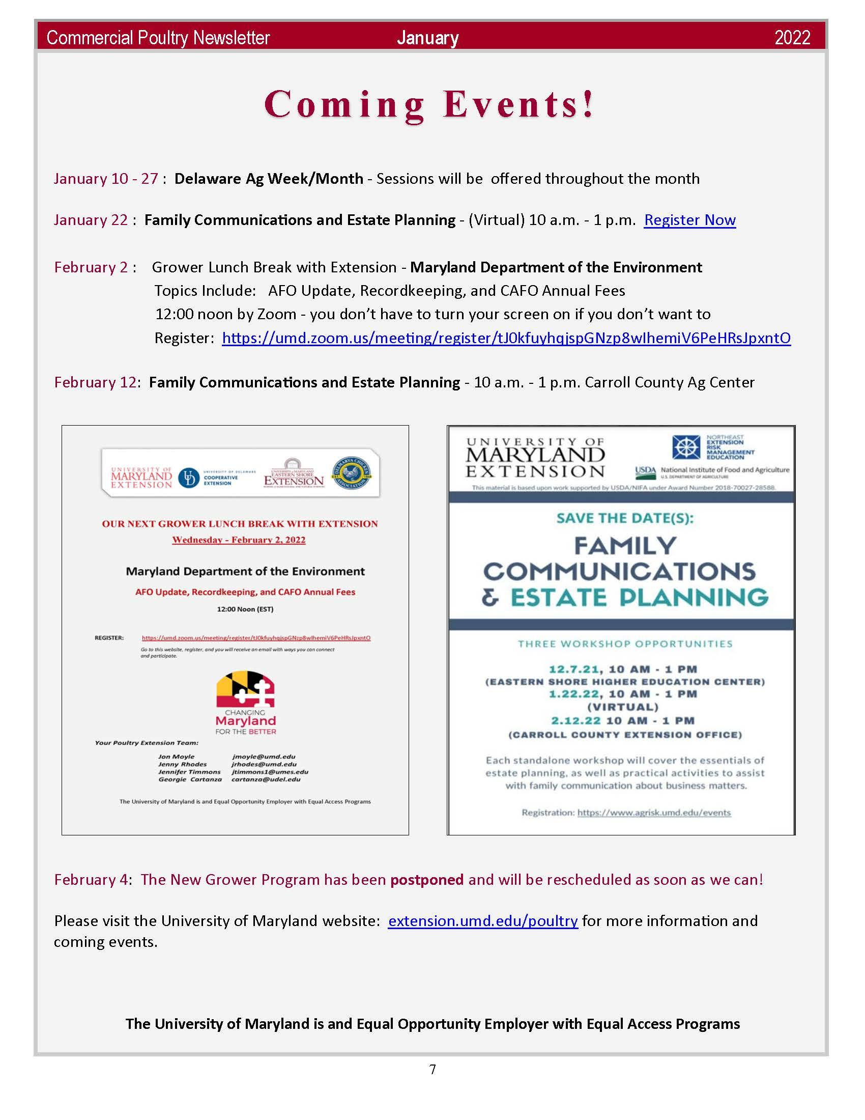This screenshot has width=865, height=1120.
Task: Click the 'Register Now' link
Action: pyautogui.click(x=689, y=220)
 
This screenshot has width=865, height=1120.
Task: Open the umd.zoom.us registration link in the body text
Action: pyautogui.click(x=506, y=338)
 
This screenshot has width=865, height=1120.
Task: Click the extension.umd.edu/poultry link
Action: pyautogui.click(x=483, y=921)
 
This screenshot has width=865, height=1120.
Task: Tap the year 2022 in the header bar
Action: pyautogui.click(x=792, y=38)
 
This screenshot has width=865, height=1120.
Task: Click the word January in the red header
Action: pyautogui.click(x=427, y=38)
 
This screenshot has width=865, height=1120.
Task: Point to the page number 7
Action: pyautogui.click(x=432, y=1069)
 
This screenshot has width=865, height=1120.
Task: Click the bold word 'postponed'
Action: pyautogui.click(x=427, y=880)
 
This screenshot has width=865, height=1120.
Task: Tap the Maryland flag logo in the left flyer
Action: pyautogui.click(x=245, y=690)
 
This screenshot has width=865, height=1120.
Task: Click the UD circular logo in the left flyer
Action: pyautogui.click(x=189, y=478)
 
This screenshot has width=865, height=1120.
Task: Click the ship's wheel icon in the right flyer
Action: pyautogui.click(x=686, y=447)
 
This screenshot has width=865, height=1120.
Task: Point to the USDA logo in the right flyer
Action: pyautogui.click(x=645, y=471)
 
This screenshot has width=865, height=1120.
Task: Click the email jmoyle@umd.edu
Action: pyautogui.click(x=264, y=757)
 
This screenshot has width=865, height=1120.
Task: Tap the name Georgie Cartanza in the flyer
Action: pyautogui.click(x=190, y=779)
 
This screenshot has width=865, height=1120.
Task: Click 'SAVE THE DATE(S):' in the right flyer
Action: pyautogui.click(x=625, y=518)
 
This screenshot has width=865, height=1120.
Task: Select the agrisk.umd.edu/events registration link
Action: pyautogui.click(x=654, y=813)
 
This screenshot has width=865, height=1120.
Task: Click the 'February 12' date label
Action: pyautogui.click(x=95, y=382)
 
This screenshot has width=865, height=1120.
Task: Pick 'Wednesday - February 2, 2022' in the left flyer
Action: pyautogui.click(x=239, y=540)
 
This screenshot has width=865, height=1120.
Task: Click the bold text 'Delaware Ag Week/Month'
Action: pyautogui.click(x=269, y=179)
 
